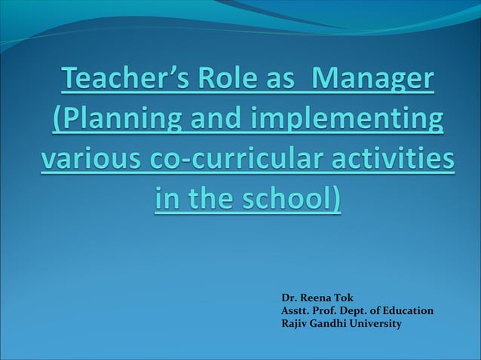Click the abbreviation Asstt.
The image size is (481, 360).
click(x=294, y=310)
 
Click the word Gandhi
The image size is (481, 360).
click(x=329, y=324)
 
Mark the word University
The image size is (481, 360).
click(x=376, y=324)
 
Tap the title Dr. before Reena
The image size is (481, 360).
click(x=287, y=297)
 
